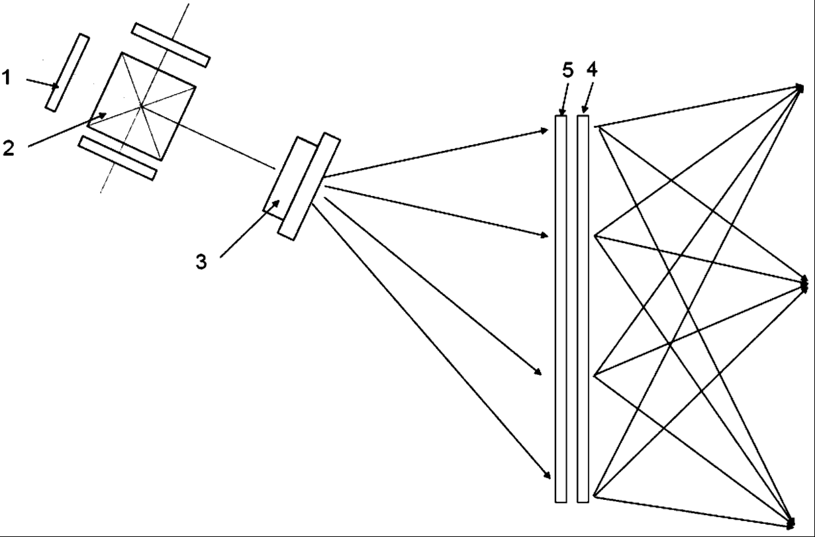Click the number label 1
pos(6,78)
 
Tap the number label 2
pos(8,148)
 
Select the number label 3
pos(201,262)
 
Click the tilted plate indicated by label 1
pos(68,72)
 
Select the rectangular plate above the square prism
pos(171,45)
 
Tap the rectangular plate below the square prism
pos(117,158)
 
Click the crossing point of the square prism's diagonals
pos(141,106)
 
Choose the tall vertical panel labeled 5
pos(561,309)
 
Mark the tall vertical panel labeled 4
pos(583,309)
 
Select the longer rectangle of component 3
pos(309,186)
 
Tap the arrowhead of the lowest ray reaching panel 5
pos(548,475)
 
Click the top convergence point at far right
pos(801,87)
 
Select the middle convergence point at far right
pos(804,285)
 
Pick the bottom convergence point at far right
pos(791,522)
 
